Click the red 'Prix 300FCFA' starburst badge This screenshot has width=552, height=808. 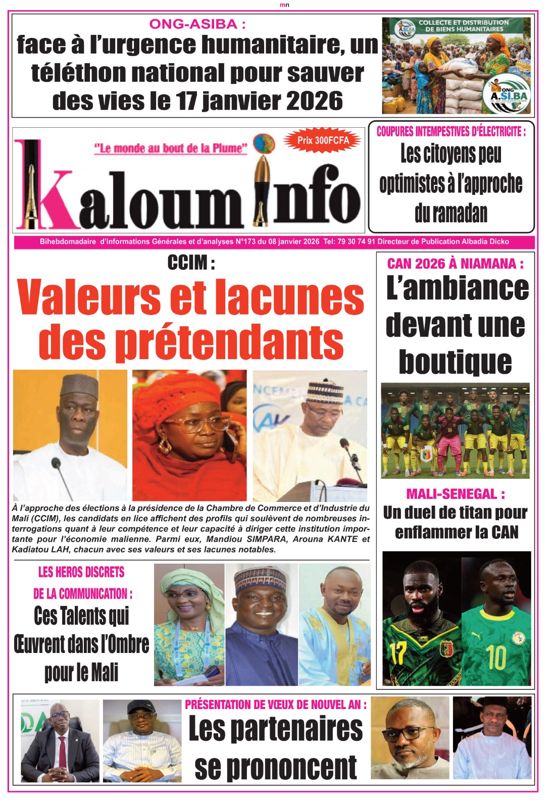coord(323,140)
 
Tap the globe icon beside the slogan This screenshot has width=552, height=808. coord(264,144)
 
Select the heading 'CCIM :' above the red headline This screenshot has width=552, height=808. coord(191,263)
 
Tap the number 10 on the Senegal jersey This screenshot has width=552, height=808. coord(496,657)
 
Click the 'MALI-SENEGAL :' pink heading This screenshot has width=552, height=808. coord(455,494)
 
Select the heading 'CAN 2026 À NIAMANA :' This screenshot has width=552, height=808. coord(455,264)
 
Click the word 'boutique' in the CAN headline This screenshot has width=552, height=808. coord(455,362)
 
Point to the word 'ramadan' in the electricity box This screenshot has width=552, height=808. coord(451,213)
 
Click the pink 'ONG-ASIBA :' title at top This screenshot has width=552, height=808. coord(197,24)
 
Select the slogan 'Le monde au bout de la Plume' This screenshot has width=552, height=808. coord(171,148)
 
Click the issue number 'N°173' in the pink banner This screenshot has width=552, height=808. coord(245,242)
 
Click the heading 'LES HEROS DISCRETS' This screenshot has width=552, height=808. coord(81,572)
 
